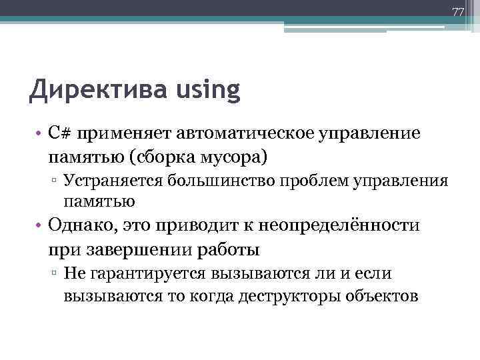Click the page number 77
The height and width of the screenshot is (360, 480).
coord(457,12)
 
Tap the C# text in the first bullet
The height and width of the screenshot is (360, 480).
coord(57,133)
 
